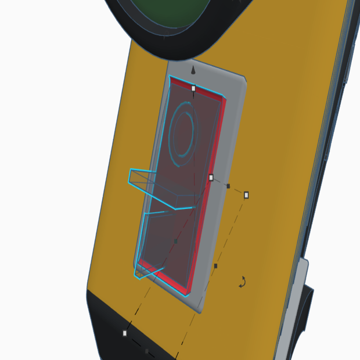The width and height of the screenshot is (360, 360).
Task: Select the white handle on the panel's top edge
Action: click(x=193, y=88)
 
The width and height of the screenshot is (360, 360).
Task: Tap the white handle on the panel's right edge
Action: click(x=211, y=177)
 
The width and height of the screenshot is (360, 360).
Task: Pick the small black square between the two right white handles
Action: click(x=228, y=186)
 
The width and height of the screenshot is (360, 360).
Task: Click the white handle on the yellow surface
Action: click(x=246, y=195)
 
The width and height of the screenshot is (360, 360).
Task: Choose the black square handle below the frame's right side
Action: click(x=215, y=266)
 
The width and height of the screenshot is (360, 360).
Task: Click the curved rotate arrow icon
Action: click(x=243, y=282)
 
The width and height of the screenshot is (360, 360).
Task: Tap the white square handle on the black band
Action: click(x=125, y=333)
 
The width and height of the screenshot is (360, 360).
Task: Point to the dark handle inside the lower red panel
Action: click(x=176, y=241)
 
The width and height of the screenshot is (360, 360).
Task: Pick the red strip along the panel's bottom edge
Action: click(x=165, y=281)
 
